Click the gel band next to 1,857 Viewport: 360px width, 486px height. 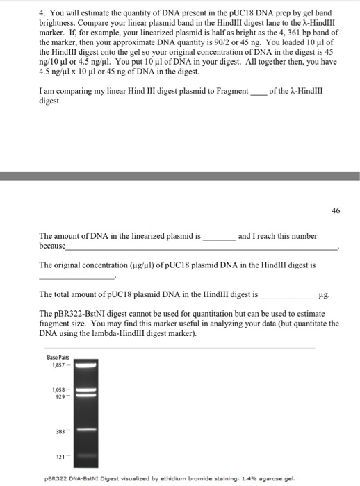click(83, 364)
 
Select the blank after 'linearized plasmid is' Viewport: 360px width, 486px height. click(218, 237)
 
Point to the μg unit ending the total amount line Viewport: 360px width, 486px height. click(321, 294)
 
